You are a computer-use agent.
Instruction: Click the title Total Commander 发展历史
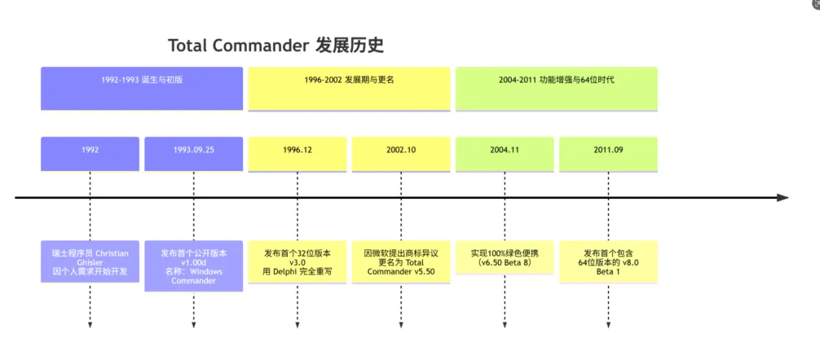tap(276, 45)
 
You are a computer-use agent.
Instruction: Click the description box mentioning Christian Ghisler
tap(90, 261)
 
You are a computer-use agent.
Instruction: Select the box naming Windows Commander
tap(194, 266)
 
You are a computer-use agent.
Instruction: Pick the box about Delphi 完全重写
tap(298, 261)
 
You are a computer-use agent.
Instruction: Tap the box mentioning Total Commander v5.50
tap(401, 261)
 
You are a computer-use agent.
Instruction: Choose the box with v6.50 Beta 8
tap(505, 257)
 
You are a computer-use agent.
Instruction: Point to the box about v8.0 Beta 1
tap(608, 261)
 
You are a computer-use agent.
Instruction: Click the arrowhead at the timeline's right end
tap(783, 197)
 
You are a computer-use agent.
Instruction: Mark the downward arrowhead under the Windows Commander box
tap(194, 325)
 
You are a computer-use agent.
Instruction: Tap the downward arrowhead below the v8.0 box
tap(608, 325)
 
